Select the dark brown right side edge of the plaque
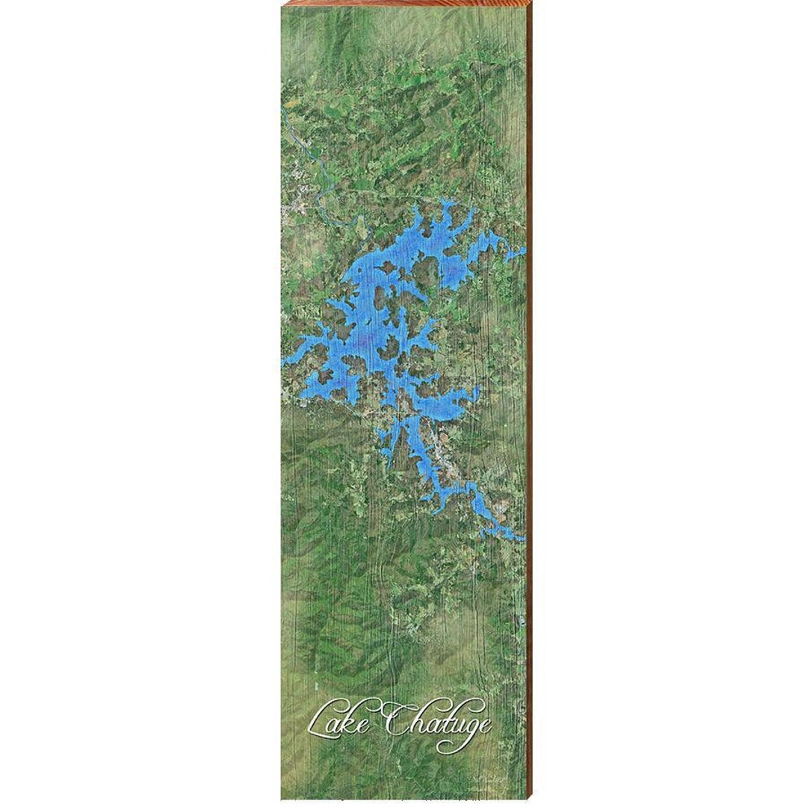(530, 403)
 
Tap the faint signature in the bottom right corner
(490, 779)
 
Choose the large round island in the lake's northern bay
(427, 274)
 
